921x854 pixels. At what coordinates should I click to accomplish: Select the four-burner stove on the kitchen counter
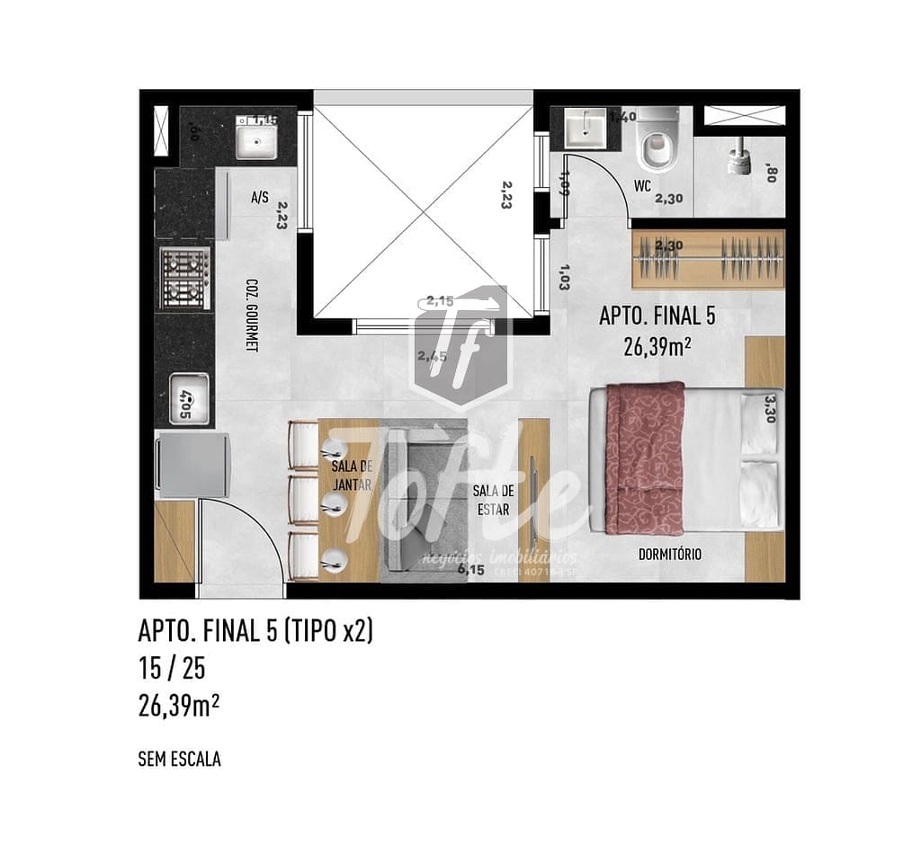185,278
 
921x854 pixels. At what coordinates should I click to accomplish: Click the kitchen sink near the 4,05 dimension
190,398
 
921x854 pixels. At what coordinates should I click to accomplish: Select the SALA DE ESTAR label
493,500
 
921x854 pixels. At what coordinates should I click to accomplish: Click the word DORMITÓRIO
670,555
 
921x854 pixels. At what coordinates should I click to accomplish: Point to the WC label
642,187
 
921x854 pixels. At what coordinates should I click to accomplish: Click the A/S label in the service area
260,196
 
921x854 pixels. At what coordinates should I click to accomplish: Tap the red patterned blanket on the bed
645,457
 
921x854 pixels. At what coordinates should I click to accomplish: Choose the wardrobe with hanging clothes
708,259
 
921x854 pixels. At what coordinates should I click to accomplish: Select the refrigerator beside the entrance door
191,465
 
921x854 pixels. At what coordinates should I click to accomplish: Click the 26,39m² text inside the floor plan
657,347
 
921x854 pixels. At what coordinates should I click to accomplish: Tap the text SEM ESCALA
179,759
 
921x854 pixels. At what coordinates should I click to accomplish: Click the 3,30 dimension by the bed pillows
772,409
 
